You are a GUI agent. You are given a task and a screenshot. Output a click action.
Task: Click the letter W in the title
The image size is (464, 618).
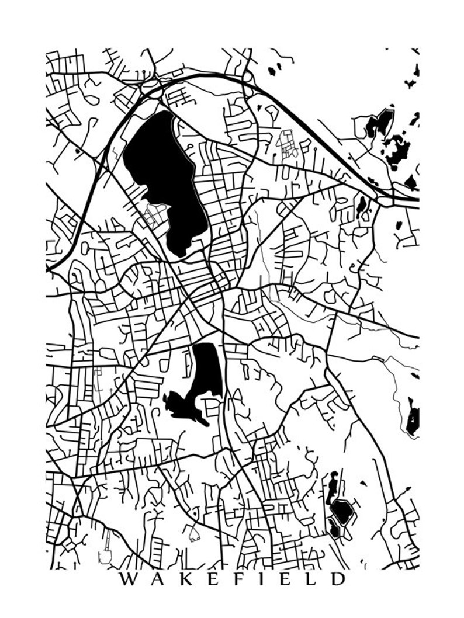point(126,579)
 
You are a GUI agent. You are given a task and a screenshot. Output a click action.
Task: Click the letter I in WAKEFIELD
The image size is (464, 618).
point(255,579)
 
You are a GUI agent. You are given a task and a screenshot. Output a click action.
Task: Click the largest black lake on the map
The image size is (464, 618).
point(164,175)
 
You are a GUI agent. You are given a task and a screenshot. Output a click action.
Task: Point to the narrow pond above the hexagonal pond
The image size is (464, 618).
point(332,485)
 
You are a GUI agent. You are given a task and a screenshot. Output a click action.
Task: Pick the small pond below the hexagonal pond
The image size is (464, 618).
point(334,529)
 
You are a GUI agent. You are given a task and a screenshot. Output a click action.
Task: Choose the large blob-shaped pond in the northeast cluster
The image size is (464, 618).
point(398,146)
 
